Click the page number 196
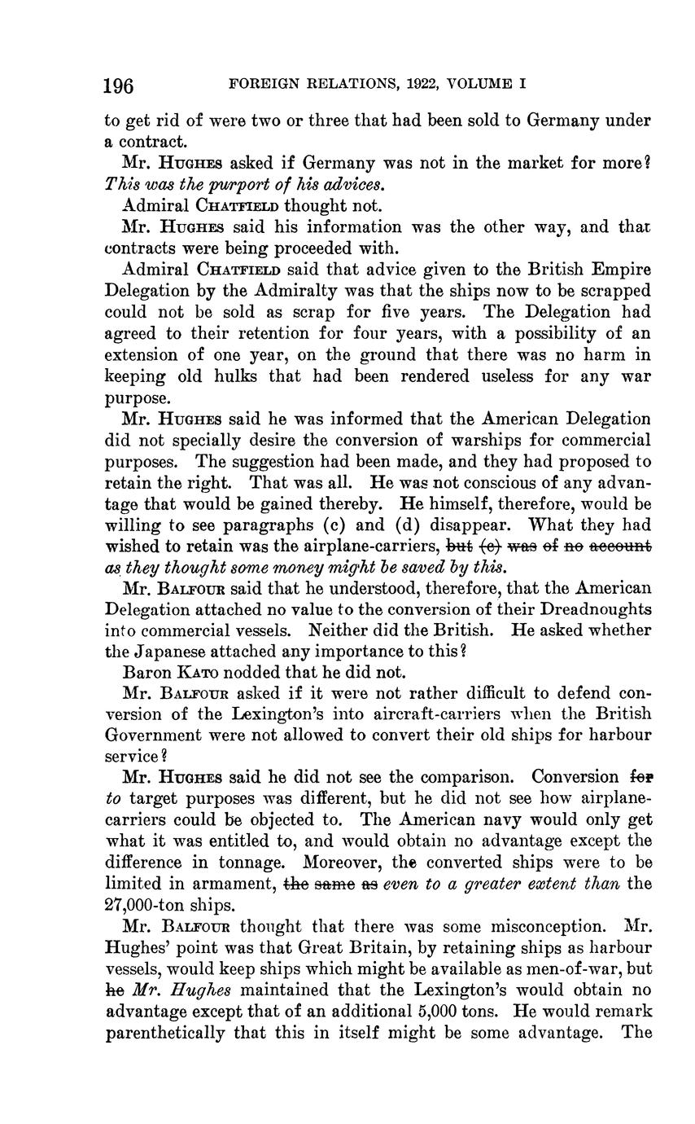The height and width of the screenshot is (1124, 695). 119,85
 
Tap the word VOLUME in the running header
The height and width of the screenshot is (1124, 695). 481,83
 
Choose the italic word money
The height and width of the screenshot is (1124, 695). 304,567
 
